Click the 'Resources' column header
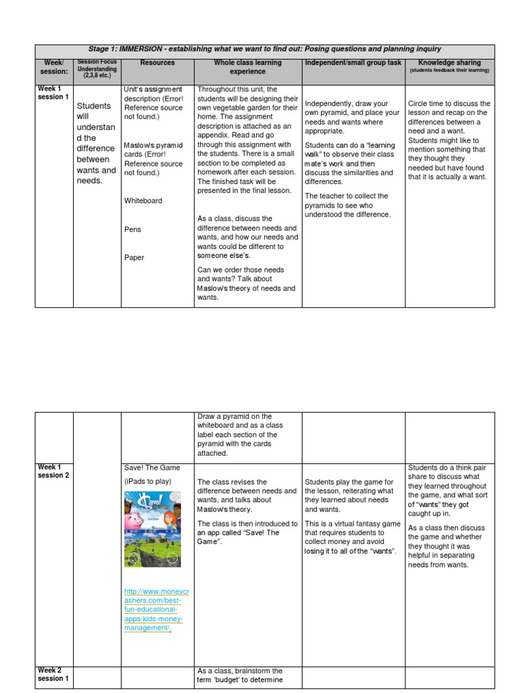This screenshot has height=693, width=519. tap(157, 63)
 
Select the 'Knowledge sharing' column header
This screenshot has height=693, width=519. tap(449, 63)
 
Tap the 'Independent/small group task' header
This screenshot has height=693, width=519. tap(353, 63)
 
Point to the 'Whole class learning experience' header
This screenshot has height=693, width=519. tap(247, 67)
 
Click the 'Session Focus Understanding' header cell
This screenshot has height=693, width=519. tap(97, 68)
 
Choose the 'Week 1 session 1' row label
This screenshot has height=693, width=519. tap(53, 93)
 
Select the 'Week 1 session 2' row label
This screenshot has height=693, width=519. tap(53, 471)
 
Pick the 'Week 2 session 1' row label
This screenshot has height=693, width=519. tap(53, 674)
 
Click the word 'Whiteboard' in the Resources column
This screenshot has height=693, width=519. tap(143, 201)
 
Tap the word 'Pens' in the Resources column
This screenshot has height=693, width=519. tap(132, 229)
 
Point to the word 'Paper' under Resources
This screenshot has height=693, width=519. tap(134, 257)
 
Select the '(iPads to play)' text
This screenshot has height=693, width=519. tap(148, 481)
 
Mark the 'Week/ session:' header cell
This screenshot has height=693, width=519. tap(53, 67)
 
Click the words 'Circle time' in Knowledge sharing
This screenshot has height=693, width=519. tap(428, 104)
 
